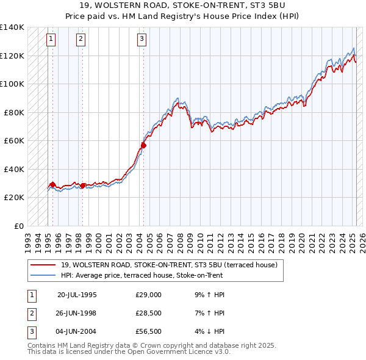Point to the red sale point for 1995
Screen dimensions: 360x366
[x=53, y=184]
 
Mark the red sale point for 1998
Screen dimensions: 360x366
[x=83, y=185]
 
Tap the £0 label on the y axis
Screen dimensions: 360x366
[x=19, y=226]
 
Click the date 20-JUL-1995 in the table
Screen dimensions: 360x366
[x=77, y=295]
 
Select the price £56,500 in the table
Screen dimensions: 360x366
[x=148, y=331]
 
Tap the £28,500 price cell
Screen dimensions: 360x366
[x=148, y=313]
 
